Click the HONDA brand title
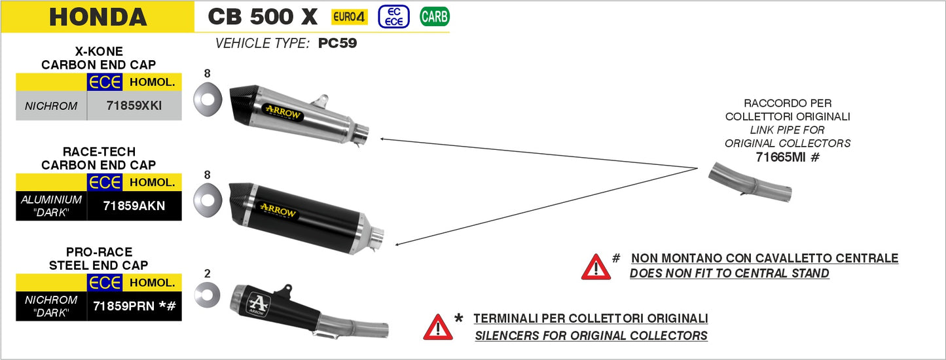coord(98,17)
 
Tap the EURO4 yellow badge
coord(350,17)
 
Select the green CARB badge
coord(434,17)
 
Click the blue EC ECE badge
coord(393,16)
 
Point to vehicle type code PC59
coord(337,44)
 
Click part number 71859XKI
coord(134,105)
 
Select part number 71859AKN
coord(134,206)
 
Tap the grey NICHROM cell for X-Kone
coord(51,105)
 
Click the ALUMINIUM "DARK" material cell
coord(51,206)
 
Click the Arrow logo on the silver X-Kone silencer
coord(282,112)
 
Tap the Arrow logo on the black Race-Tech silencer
coord(278,210)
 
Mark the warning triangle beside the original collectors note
coord(437,327)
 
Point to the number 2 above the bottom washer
coord(208,274)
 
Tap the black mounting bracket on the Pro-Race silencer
coord(284,291)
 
